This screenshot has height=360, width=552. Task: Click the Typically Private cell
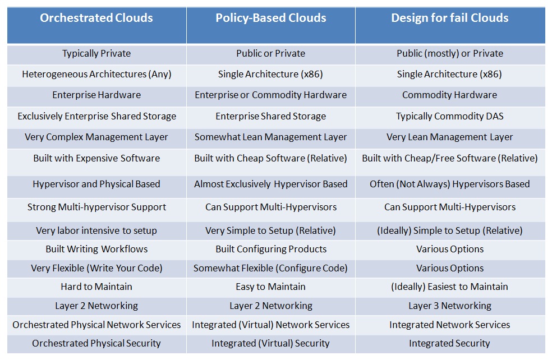pyautogui.click(x=96, y=53)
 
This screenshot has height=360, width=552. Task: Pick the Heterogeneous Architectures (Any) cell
pyautogui.click(x=96, y=74)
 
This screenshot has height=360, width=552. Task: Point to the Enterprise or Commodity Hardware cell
pyautogui.click(x=271, y=95)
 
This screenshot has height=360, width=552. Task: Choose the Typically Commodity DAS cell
pyautogui.click(x=450, y=116)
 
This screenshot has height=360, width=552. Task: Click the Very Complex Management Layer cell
pyautogui.click(x=96, y=137)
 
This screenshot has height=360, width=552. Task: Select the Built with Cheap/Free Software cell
pyautogui.click(x=450, y=158)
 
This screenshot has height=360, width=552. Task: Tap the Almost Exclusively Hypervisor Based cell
pyautogui.click(x=271, y=184)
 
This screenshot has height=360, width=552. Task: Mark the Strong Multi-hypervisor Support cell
pyautogui.click(x=96, y=207)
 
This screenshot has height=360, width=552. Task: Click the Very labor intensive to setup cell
pyautogui.click(x=96, y=230)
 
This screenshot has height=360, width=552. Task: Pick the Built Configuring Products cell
pyautogui.click(x=271, y=249)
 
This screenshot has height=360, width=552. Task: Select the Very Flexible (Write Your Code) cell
pyautogui.click(x=96, y=268)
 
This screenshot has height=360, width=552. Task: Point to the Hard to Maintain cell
pyautogui.click(x=96, y=287)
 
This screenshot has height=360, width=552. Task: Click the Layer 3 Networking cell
pyautogui.click(x=450, y=306)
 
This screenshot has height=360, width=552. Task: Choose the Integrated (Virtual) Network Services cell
pyautogui.click(x=271, y=325)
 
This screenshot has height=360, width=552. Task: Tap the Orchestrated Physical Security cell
pyautogui.click(x=96, y=344)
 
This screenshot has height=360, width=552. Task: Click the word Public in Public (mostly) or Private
pyautogui.click(x=409, y=53)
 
